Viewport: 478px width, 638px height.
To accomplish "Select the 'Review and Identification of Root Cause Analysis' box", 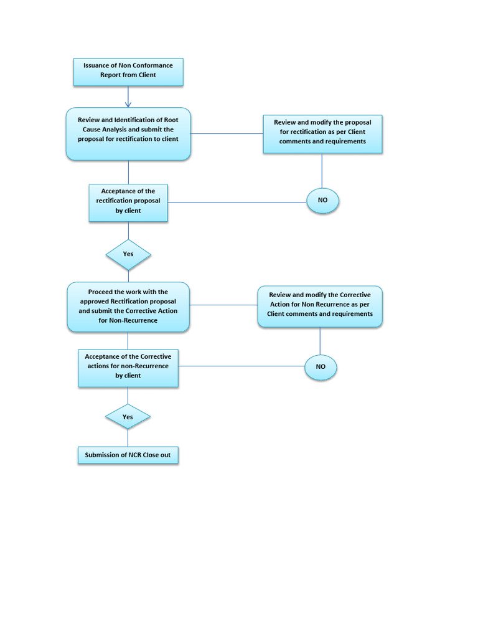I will [x=128, y=133].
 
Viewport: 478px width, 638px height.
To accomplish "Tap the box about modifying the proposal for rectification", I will [x=322, y=133].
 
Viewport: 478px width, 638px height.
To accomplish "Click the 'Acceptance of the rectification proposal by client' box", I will [x=128, y=202].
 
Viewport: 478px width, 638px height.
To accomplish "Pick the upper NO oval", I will [x=322, y=201].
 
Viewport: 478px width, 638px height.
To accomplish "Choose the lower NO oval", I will [x=321, y=368].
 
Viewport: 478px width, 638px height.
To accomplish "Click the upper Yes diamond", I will [x=128, y=254].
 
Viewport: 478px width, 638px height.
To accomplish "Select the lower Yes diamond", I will [x=128, y=417].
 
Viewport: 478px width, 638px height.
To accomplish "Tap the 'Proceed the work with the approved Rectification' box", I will [x=128, y=307].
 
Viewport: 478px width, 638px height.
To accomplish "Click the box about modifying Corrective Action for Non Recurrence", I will [x=320, y=305].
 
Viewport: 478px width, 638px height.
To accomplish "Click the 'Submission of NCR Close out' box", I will [x=128, y=455].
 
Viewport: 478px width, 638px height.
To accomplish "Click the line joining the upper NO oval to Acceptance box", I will [x=237, y=202].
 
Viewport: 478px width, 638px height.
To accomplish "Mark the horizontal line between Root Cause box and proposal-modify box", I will [x=227, y=133].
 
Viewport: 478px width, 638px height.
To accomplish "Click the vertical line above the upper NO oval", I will [x=322, y=171].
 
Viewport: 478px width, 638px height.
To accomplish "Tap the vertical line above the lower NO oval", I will [x=320, y=341].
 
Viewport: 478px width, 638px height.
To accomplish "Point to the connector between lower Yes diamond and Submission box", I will [x=128, y=438].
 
